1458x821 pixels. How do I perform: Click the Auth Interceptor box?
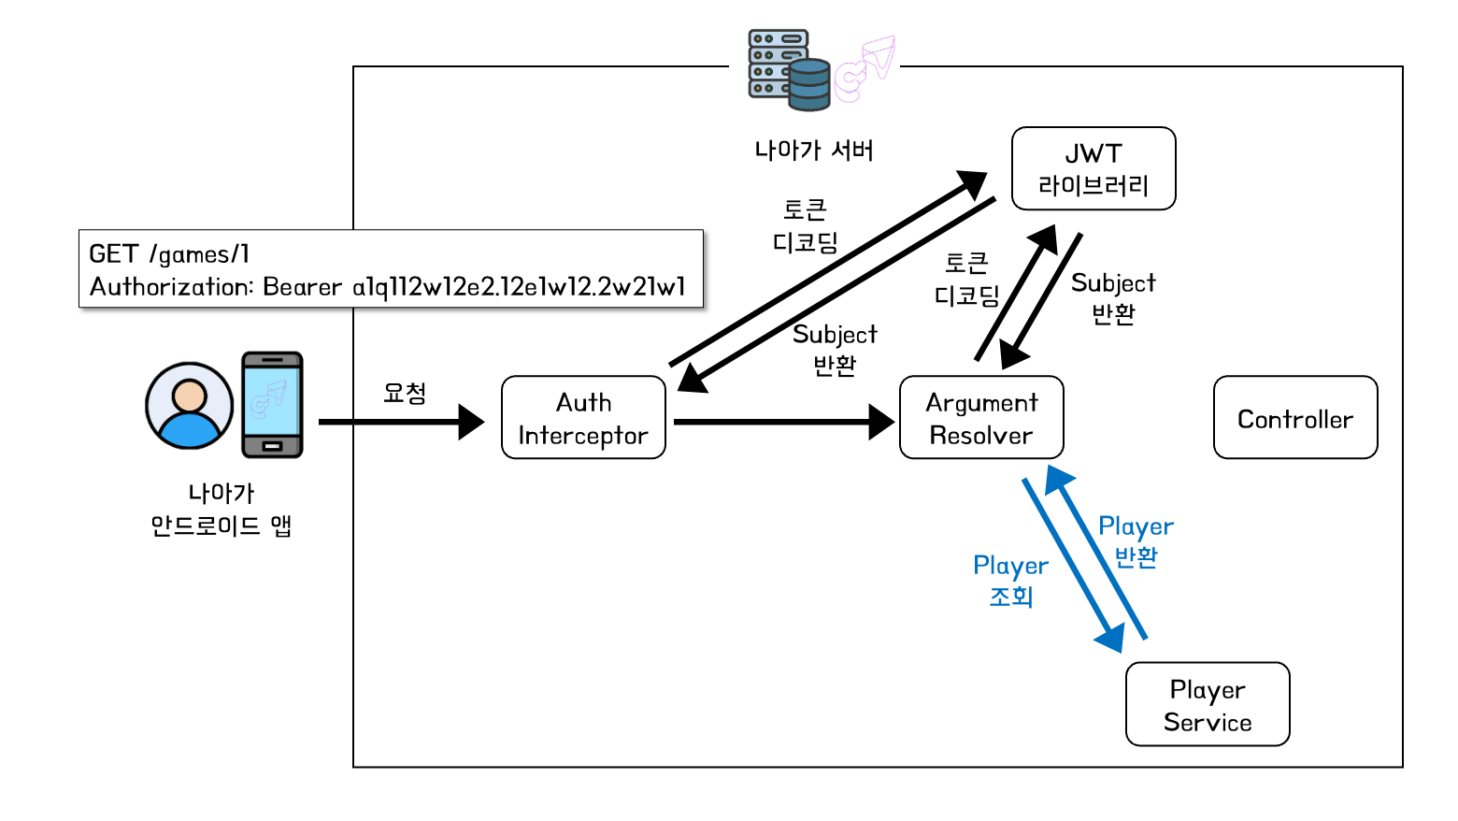click(x=583, y=418)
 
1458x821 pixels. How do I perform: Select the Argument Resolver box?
click(x=981, y=418)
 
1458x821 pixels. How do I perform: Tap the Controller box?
click(x=1295, y=418)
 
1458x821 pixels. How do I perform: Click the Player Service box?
click(x=1208, y=705)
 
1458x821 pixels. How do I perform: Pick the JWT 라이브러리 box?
click(x=1093, y=169)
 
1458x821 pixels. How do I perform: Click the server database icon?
click(x=790, y=69)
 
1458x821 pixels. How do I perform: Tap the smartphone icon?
click(x=272, y=405)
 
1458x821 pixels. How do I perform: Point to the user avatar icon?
click(x=190, y=406)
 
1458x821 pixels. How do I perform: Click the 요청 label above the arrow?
click(x=405, y=393)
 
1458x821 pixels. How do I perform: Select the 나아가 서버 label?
click(x=813, y=151)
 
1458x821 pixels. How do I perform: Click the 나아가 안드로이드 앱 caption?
click(x=222, y=510)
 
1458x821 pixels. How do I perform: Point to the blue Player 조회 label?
click(x=1010, y=581)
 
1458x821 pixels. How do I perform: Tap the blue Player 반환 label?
click(x=1136, y=541)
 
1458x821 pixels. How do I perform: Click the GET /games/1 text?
click(x=169, y=254)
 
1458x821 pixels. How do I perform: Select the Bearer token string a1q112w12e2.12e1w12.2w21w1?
click(x=519, y=287)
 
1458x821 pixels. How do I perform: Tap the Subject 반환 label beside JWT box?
click(x=1113, y=297)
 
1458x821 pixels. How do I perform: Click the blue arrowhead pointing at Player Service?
click(x=1110, y=639)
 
